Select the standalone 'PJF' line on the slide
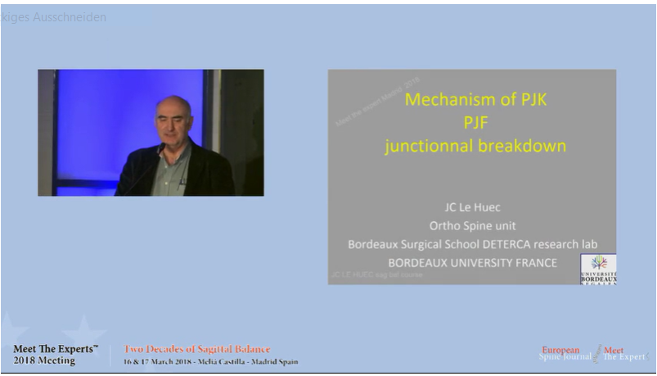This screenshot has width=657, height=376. (x=475, y=124)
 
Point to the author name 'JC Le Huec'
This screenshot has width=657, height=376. (x=472, y=208)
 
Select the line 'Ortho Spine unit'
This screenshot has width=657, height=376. (x=472, y=226)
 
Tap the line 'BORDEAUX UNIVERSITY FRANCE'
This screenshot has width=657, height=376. (x=472, y=262)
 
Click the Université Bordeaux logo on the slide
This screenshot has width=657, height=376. (x=598, y=269)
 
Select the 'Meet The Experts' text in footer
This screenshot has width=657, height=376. (x=56, y=349)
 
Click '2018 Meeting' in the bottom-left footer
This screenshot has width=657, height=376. (x=44, y=360)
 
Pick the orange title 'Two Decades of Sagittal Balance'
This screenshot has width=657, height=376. (x=196, y=349)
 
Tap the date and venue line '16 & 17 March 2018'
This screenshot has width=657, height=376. (x=210, y=361)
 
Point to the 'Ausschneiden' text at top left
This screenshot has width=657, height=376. (x=69, y=17)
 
